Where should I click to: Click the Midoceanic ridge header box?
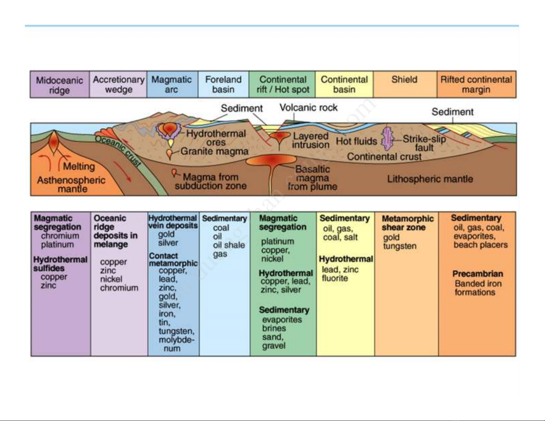coord(59,85)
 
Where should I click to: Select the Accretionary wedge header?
coord(118,85)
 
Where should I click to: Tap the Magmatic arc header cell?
coord(172,85)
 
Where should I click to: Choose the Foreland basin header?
coord(223,85)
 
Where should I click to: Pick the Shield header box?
coord(405,85)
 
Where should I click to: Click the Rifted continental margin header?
coord(476,85)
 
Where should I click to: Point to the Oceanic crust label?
coord(118,151)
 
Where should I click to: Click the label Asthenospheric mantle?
coord(71,184)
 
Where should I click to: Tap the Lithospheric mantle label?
coord(430,179)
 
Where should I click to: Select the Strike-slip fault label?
coord(424,143)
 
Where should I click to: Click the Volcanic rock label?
coord(308,108)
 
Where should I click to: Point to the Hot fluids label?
coord(356,141)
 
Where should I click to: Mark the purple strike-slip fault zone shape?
coord(388,139)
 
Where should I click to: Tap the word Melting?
coord(79,166)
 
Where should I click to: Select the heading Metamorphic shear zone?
coord(407,223)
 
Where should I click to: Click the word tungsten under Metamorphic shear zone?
coord(400,246)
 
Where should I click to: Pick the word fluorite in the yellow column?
coord(335,278)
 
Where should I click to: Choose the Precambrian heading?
coord(477,274)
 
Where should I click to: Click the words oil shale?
coord(229,245)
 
